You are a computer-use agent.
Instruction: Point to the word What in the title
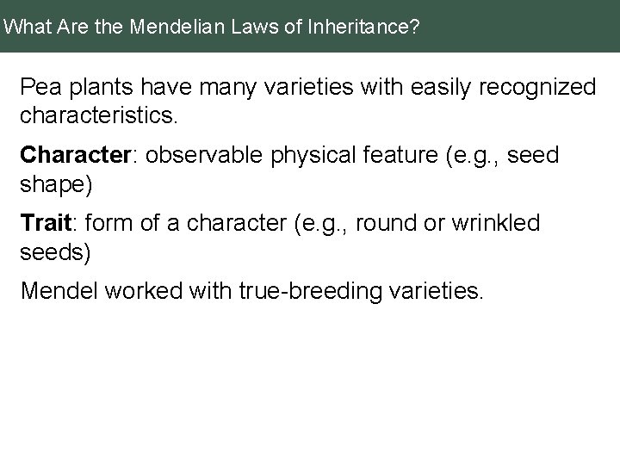click(25, 28)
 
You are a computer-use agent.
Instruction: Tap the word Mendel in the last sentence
click(56, 292)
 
